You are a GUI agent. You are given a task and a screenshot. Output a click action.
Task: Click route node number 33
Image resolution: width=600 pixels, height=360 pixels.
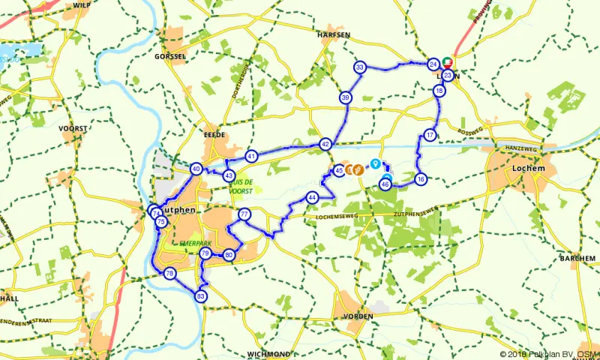361,68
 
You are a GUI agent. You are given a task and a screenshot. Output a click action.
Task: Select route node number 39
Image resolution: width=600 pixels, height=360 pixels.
345,97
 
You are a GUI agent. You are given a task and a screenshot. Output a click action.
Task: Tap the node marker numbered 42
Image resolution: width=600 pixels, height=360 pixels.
325,144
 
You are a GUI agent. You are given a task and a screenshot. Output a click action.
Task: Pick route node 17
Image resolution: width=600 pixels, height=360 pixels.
430,135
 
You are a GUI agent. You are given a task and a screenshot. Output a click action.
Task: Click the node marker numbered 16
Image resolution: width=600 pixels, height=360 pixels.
421,179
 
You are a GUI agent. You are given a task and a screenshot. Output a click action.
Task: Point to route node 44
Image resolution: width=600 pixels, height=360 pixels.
311,198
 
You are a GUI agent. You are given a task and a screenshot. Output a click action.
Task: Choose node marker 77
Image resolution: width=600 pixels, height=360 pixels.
244,215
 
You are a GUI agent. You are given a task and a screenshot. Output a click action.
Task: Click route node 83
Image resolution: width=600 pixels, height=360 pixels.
201,296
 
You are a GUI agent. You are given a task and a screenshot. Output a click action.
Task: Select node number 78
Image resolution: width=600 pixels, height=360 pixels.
170,274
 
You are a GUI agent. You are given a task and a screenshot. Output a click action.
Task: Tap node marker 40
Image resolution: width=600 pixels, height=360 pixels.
196,169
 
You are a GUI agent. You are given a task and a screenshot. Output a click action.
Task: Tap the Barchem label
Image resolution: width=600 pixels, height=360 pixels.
577,258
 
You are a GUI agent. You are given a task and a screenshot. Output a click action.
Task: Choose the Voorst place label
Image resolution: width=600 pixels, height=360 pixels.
73,128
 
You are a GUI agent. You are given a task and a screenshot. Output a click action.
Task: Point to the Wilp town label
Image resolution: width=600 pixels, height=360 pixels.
82,4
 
